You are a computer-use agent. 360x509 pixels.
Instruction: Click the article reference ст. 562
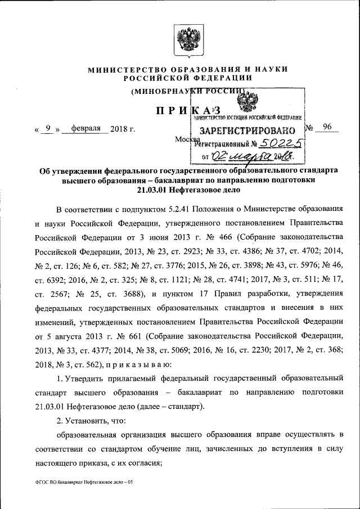coord(91,364)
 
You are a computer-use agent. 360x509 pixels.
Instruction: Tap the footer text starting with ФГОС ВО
coord(84,482)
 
